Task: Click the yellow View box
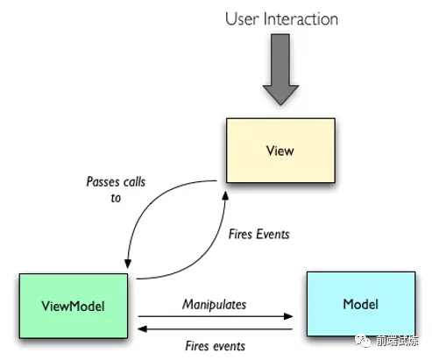pos(280,151)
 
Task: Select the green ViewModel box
pos(74,306)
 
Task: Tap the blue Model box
pos(361,304)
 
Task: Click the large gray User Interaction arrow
pos(280,69)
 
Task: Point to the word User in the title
pos(242,19)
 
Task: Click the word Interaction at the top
pos(301,19)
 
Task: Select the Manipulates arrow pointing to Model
pos(216,316)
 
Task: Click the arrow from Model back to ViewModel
pos(216,329)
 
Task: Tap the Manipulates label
pos(215,304)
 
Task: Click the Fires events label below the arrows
pos(216,346)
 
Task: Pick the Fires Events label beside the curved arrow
pos(259,234)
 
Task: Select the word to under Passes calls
pos(116,198)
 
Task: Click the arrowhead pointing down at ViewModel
pos(128,264)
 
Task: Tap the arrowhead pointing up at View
pos(225,195)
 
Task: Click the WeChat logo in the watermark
pos(362,341)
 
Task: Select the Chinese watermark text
pos(397,341)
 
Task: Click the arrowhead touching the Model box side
pos(288,316)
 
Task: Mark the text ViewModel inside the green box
pos(73,306)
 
